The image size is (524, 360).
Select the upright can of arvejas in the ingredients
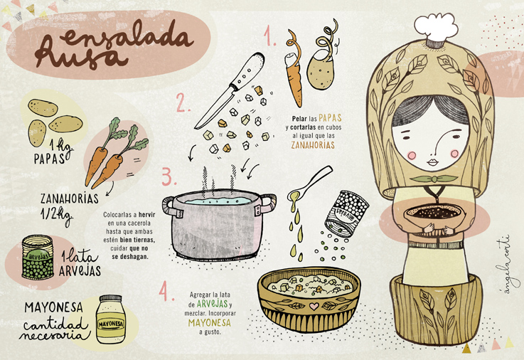click(x=38, y=258)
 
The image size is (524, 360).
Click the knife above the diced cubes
click(x=230, y=90)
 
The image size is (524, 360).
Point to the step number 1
click(x=269, y=36)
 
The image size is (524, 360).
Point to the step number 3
click(x=169, y=176)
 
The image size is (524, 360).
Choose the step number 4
click(x=166, y=291)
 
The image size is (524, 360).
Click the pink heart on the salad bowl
click(x=314, y=306)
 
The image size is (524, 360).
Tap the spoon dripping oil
click(x=309, y=184)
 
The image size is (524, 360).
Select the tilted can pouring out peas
click(x=346, y=213)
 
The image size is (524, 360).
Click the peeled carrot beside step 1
click(x=294, y=68)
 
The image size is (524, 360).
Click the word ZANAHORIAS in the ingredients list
click(x=70, y=198)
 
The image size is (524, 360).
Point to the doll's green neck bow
click(x=434, y=179)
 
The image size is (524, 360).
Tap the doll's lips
click(x=432, y=162)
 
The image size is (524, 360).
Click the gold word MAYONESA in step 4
click(x=210, y=322)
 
